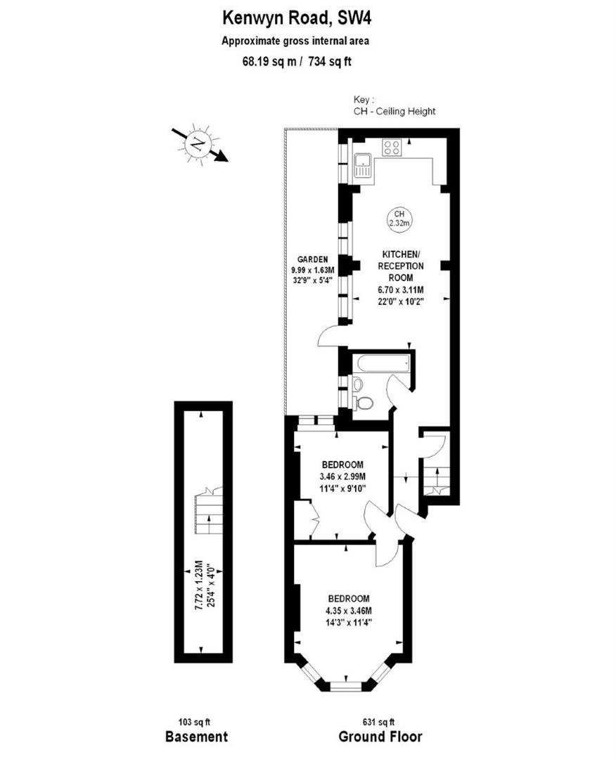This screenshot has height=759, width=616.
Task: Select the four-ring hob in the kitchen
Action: [391, 148]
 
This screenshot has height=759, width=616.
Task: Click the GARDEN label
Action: [312, 259]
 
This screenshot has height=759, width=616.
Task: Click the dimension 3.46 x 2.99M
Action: [342, 476]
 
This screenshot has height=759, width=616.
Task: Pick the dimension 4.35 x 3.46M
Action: [348, 610]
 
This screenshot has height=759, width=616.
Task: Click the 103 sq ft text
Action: [195, 722]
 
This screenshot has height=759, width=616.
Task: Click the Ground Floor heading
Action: [380, 737]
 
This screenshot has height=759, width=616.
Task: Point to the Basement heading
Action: [196, 737]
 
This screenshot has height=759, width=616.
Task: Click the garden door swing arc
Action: [328, 337]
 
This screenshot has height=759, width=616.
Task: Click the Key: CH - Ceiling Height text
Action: [394, 106]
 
